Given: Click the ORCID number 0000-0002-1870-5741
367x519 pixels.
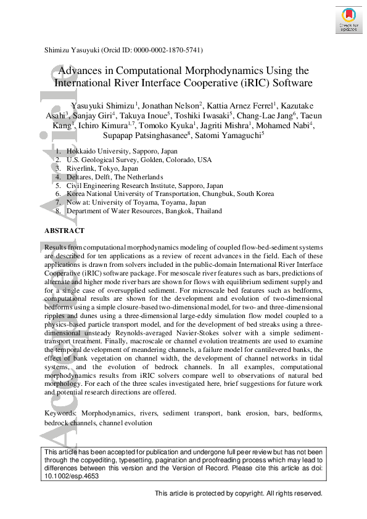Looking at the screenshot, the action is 168,50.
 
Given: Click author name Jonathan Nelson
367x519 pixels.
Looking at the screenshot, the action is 172,104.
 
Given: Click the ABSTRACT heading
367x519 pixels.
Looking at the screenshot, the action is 64,231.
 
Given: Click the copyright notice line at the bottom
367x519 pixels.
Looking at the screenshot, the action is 238,494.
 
